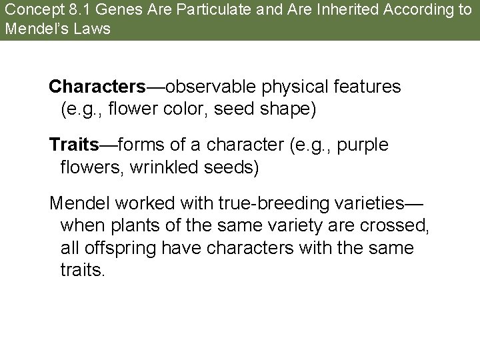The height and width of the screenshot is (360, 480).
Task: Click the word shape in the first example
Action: [288, 109]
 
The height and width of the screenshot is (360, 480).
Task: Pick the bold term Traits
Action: [73, 144]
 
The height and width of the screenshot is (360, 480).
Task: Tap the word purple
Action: [365, 144]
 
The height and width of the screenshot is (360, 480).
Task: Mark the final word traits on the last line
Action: [82, 271]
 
